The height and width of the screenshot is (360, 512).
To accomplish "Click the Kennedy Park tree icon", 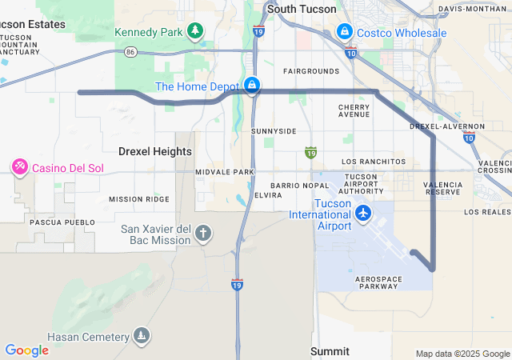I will tap(195, 31).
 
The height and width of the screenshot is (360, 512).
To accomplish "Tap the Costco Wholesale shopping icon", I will tap(345, 32).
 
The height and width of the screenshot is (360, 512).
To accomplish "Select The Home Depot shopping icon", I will tap(252, 85).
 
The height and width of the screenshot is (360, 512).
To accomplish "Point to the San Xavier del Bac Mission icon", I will tap(204, 233).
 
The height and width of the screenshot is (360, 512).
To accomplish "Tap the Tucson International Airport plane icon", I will tap(364, 214).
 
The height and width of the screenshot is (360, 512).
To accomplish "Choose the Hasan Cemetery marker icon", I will tap(142, 334).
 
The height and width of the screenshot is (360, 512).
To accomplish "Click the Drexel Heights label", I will tap(155, 151).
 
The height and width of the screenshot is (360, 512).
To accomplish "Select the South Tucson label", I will tap(298, 9).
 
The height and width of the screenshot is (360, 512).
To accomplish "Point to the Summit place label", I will tap(330, 351).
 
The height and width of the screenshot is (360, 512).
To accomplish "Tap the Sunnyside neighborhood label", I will tap(274, 130).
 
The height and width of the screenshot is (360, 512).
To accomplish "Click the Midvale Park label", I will tap(225, 172).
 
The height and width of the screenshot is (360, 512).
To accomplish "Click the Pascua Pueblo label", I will tap(57, 222).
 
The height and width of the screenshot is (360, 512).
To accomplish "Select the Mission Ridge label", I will tap(139, 199).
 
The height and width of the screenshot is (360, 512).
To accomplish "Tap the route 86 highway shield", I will tap(130, 51).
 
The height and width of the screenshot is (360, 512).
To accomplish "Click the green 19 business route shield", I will tap(311, 151).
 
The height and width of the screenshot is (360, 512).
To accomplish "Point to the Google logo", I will tap(26, 350).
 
